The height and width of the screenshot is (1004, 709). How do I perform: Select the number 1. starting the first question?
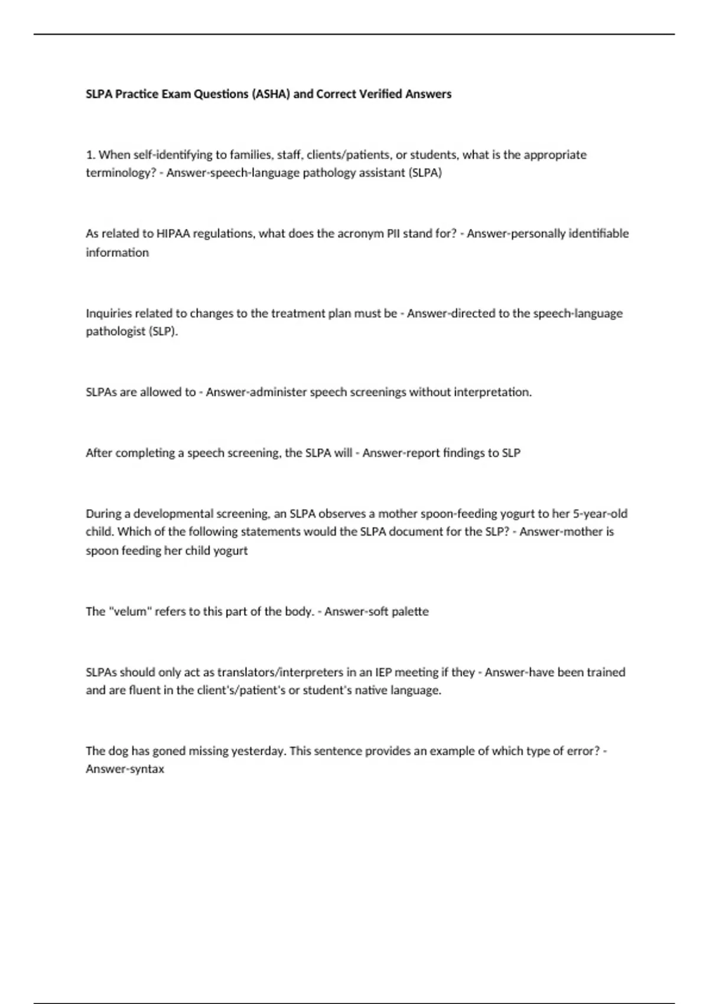click(90, 155)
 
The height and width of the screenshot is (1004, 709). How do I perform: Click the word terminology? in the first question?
click(121, 173)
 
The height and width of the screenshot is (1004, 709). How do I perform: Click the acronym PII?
click(393, 233)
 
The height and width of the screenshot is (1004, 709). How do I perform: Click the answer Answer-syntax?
click(125, 769)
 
